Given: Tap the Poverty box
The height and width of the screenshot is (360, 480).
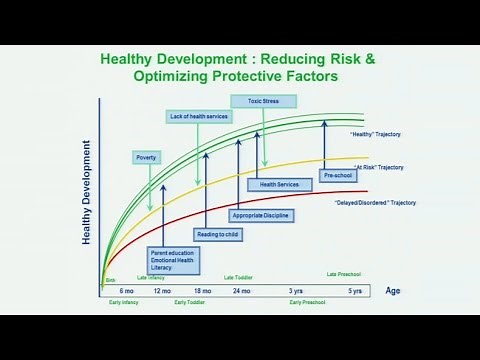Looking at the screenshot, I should pos(147,157).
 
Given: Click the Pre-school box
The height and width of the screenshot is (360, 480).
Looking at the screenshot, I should pos(337,175).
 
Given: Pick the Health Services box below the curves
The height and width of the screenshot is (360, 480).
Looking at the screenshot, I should pos(279,184).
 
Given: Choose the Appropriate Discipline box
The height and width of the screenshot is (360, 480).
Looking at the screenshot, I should pos(255,215).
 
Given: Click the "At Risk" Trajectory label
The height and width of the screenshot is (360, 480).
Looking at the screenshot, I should pos(377,167).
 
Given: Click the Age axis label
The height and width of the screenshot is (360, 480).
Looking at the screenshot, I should pos(393,291).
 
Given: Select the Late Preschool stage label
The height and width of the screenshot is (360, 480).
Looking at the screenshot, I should pos(344,274).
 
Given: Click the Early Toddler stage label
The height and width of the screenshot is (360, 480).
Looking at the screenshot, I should pos(189,301).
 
